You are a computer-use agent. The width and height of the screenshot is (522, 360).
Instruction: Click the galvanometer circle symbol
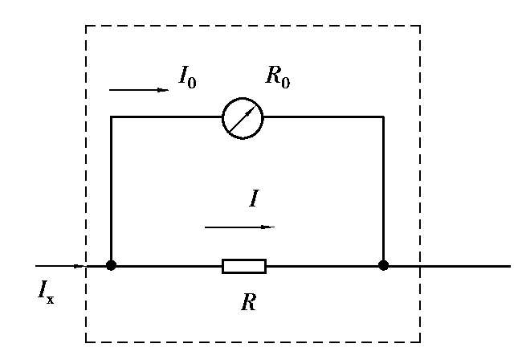(x=243, y=117)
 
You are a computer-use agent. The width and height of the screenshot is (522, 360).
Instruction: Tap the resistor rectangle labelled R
(x=244, y=265)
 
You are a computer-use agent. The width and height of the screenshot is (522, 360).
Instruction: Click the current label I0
(x=187, y=77)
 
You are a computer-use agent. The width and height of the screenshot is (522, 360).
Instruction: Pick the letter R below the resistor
(x=248, y=303)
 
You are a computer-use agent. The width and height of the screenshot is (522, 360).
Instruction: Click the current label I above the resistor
(x=254, y=198)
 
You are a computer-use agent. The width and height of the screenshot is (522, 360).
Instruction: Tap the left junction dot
(x=111, y=265)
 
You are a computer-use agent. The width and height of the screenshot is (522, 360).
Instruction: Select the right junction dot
(x=384, y=265)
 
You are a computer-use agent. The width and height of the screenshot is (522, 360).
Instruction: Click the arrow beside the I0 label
(x=138, y=90)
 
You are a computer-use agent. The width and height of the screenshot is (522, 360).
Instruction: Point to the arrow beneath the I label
(x=239, y=227)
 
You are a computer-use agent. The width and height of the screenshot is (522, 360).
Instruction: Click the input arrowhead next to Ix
(x=79, y=265)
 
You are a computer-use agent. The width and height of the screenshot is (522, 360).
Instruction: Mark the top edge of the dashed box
(x=253, y=26)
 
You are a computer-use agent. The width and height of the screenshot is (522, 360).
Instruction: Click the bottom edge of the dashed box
(x=253, y=342)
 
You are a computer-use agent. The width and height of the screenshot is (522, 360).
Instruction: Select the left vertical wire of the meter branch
(x=111, y=189)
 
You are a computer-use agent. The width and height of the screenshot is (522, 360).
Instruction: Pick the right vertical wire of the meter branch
(x=384, y=189)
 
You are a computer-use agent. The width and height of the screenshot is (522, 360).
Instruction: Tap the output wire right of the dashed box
(x=466, y=265)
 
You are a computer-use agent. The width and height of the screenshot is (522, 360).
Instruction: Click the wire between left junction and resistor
(x=166, y=265)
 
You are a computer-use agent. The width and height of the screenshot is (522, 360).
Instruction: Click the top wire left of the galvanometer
(x=166, y=117)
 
